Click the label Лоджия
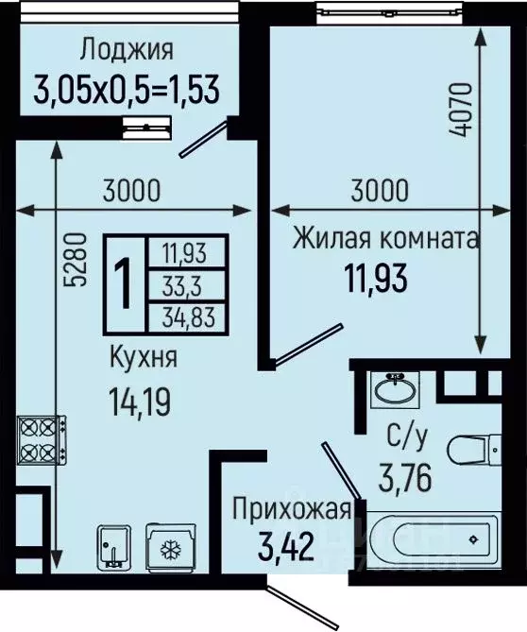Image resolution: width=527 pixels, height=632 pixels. (x=127, y=49)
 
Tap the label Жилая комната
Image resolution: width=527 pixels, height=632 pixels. (x=385, y=237)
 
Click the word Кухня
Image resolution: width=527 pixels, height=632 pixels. (x=141, y=359)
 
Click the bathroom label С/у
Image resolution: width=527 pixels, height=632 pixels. (x=408, y=437)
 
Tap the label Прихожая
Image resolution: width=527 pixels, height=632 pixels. (x=292, y=511)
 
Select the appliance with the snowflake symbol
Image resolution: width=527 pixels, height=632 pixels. (x=169, y=550)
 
